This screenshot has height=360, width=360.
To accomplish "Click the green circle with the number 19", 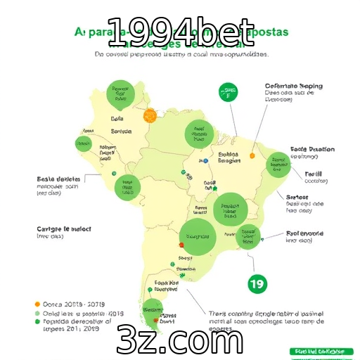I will (x=257, y=284).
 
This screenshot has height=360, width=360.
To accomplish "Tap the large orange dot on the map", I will (x=150, y=115).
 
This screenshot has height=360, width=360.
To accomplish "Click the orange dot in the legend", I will (x=37, y=304).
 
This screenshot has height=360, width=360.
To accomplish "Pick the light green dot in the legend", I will (x=37, y=313).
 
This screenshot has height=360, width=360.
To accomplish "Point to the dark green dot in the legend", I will (x=37, y=321).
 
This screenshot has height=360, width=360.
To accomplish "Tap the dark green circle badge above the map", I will (x=227, y=91).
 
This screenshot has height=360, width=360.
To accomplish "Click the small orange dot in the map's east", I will (x=252, y=155).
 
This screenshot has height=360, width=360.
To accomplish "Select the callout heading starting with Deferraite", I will (x=293, y=86).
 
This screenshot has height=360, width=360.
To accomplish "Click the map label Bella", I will (x=117, y=119).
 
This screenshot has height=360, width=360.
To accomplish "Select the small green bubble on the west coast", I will (x=84, y=144).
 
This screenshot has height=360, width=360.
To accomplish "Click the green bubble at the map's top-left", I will (x=120, y=93).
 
